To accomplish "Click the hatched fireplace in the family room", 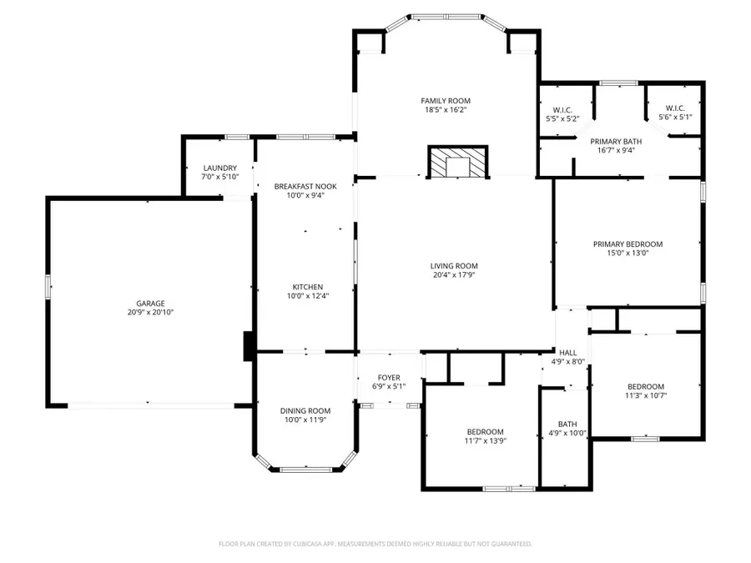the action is tap(457, 162).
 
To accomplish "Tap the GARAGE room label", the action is tap(150, 304).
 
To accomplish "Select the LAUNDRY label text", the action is tap(219, 168).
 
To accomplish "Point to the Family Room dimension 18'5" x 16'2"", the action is tap(446, 109).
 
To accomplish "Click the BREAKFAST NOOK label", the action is tap(305, 186).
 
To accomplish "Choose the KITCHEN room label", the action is tap(307, 287).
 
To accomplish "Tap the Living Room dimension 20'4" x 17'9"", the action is tap(454, 274).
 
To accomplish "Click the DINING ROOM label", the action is tap(305, 410).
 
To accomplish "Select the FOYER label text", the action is tap(389, 378).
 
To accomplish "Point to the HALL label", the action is tap(568, 353).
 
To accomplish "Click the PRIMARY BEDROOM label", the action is tap(628, 244).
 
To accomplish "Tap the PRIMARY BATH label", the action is tap(616, 142).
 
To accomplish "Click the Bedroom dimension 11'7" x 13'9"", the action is tap(485, 441).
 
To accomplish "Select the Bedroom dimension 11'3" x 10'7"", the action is tap(646, 396).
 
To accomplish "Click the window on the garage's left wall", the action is tap(48, 287).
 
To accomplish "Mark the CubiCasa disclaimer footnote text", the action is tap(375, 544).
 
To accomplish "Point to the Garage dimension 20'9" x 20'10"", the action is tap(150, 313).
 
